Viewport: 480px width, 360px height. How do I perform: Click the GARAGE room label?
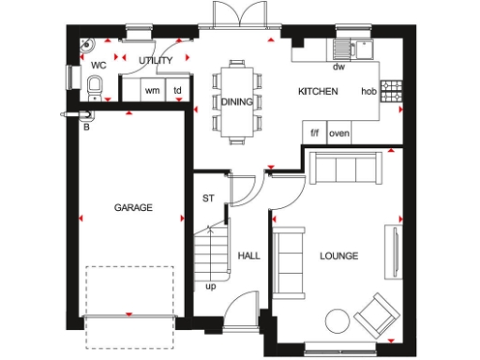click(x=133, y=207)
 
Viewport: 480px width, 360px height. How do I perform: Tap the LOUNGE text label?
click(x=338, y=255)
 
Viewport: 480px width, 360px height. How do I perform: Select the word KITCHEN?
click(x=317, y=92)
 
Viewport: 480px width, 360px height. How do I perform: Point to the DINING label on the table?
click(x=236, y=101)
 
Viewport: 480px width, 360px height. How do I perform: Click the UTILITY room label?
click(x=156, y=61)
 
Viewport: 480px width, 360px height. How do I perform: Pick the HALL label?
click(x=248, y=255)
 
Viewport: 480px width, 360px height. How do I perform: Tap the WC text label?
click(x=97, y=65)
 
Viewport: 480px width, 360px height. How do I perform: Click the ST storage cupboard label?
click(x=209, y=198)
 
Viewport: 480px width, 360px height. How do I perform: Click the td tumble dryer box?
click(x=177, y=91)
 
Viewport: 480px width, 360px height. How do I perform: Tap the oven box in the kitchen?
click(x=338, y=133)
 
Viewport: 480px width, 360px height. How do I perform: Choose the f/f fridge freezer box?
click(x=315, y=133)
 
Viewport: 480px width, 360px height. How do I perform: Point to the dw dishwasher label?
click(x=337, y=67)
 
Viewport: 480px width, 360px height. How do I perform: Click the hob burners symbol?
click(x=392, y=92)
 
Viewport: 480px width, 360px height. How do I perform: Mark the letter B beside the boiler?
click(x=87, y=127)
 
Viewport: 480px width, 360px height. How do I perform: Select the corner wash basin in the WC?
click(x=86, y=43)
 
